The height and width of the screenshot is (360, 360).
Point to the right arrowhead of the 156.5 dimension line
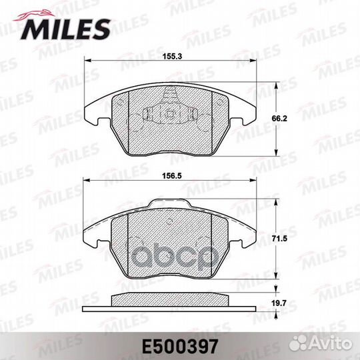(x=257, y=179)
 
